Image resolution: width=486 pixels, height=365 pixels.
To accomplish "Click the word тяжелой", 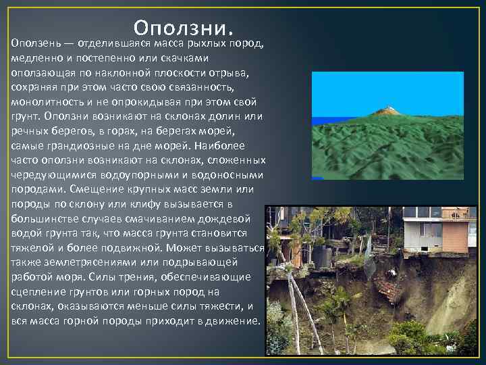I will click(x=32, y=247).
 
